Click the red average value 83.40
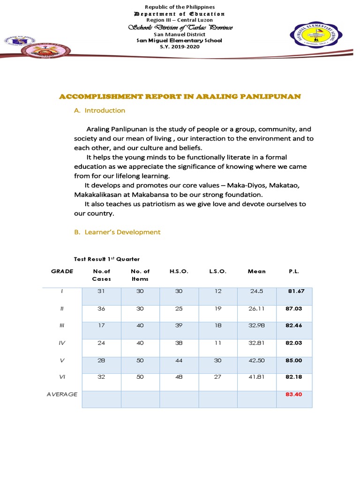tap(294, 394)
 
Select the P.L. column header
tap(294, 271)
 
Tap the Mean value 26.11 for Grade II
tap(256, 308)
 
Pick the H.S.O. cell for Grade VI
tap(179, 376)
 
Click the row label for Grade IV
tap(62, 343)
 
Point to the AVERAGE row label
tap(62, 394)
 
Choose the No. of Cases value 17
tap(101, 325)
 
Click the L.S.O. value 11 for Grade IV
tap(217, 343)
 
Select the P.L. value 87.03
tap(294, 308)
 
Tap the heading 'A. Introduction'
tap(99, 111)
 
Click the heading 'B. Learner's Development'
tap(117, 232)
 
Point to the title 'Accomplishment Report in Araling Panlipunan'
tap(180, 96)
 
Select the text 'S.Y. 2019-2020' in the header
tap(180, 46)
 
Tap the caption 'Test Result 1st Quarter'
tap(107, 259)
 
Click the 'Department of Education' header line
tap(180, 14)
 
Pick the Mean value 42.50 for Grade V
tap(256, 360)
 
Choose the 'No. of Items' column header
tap(140, 275)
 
